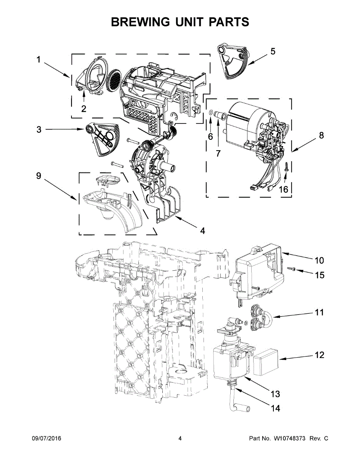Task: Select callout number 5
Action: click(273, 51)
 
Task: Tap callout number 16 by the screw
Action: click(284, 189)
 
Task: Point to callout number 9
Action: click(38, 176)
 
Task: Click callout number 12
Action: click(319, 355)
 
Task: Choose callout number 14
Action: click(276, 408)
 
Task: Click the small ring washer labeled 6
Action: click(210, 113)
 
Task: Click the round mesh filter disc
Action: click(115, 81)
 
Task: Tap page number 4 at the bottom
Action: click(180, 438)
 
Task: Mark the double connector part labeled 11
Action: click(258, 318)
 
